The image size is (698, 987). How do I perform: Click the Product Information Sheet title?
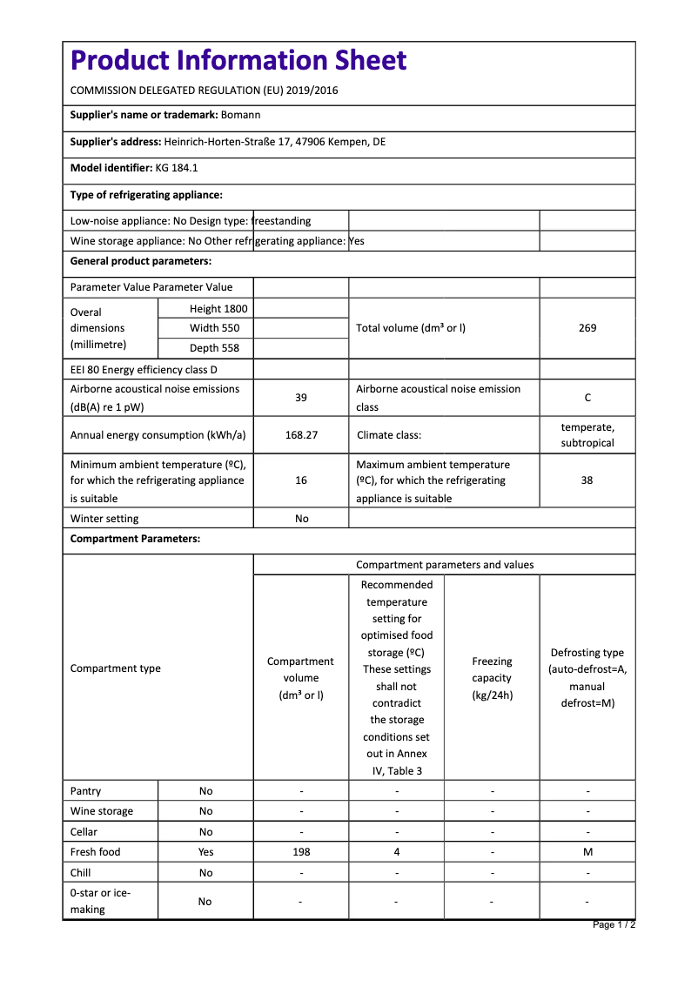tap(238, 60)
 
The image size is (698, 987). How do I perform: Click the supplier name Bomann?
tap(240, 115)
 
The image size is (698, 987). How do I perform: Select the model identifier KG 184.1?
tap(177, 168)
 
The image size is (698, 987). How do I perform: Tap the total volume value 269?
tap(587, 328)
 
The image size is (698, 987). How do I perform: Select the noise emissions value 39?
tap(301, 398)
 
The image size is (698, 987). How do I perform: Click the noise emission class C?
tap(587, 398)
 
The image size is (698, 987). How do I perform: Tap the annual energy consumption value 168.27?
tap(301, 435)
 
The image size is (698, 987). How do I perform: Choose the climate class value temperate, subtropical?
tap(587, 435)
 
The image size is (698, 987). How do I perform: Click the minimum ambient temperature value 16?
tap(301, 480)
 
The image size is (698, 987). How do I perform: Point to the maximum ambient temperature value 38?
tap(587, 480)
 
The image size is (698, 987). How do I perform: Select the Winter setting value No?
tap(302, 519)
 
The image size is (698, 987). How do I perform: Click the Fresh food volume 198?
tap(301, 852)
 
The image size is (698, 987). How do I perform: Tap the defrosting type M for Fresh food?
tap(587, 852)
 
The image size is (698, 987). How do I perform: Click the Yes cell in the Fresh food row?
tap(205, 852)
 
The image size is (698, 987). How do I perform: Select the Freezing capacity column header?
tap(492, 678)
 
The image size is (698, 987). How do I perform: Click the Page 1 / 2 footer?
tap(614, 924)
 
